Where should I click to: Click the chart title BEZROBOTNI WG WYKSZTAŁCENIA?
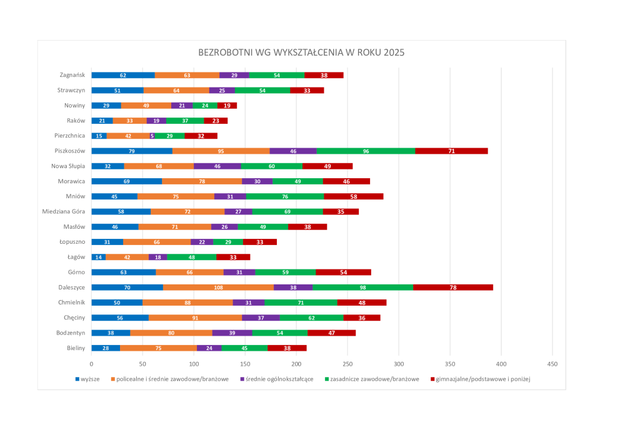pos(301,53)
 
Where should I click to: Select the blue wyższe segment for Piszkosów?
pos(132,151)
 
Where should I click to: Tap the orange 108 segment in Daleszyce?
pos(218,288)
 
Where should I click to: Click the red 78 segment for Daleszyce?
pos(453,288)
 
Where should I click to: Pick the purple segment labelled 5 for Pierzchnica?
pos(152,136)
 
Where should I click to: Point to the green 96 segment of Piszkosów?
pos(366,151)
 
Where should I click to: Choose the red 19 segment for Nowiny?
pos(227,106)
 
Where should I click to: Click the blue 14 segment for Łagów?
pos(98,257)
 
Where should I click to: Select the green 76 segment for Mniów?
pos(285,196)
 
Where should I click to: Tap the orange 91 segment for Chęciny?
pos(195,318)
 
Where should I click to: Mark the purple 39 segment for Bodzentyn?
pos(232,333)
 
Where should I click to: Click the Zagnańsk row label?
pos(72,75)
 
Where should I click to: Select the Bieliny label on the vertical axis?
pos(76,348)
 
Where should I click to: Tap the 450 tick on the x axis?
pos(552,363)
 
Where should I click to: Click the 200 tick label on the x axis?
pos(296,363)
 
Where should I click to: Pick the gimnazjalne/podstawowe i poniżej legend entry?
pos(481,379)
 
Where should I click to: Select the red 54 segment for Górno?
pos(344,272)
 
